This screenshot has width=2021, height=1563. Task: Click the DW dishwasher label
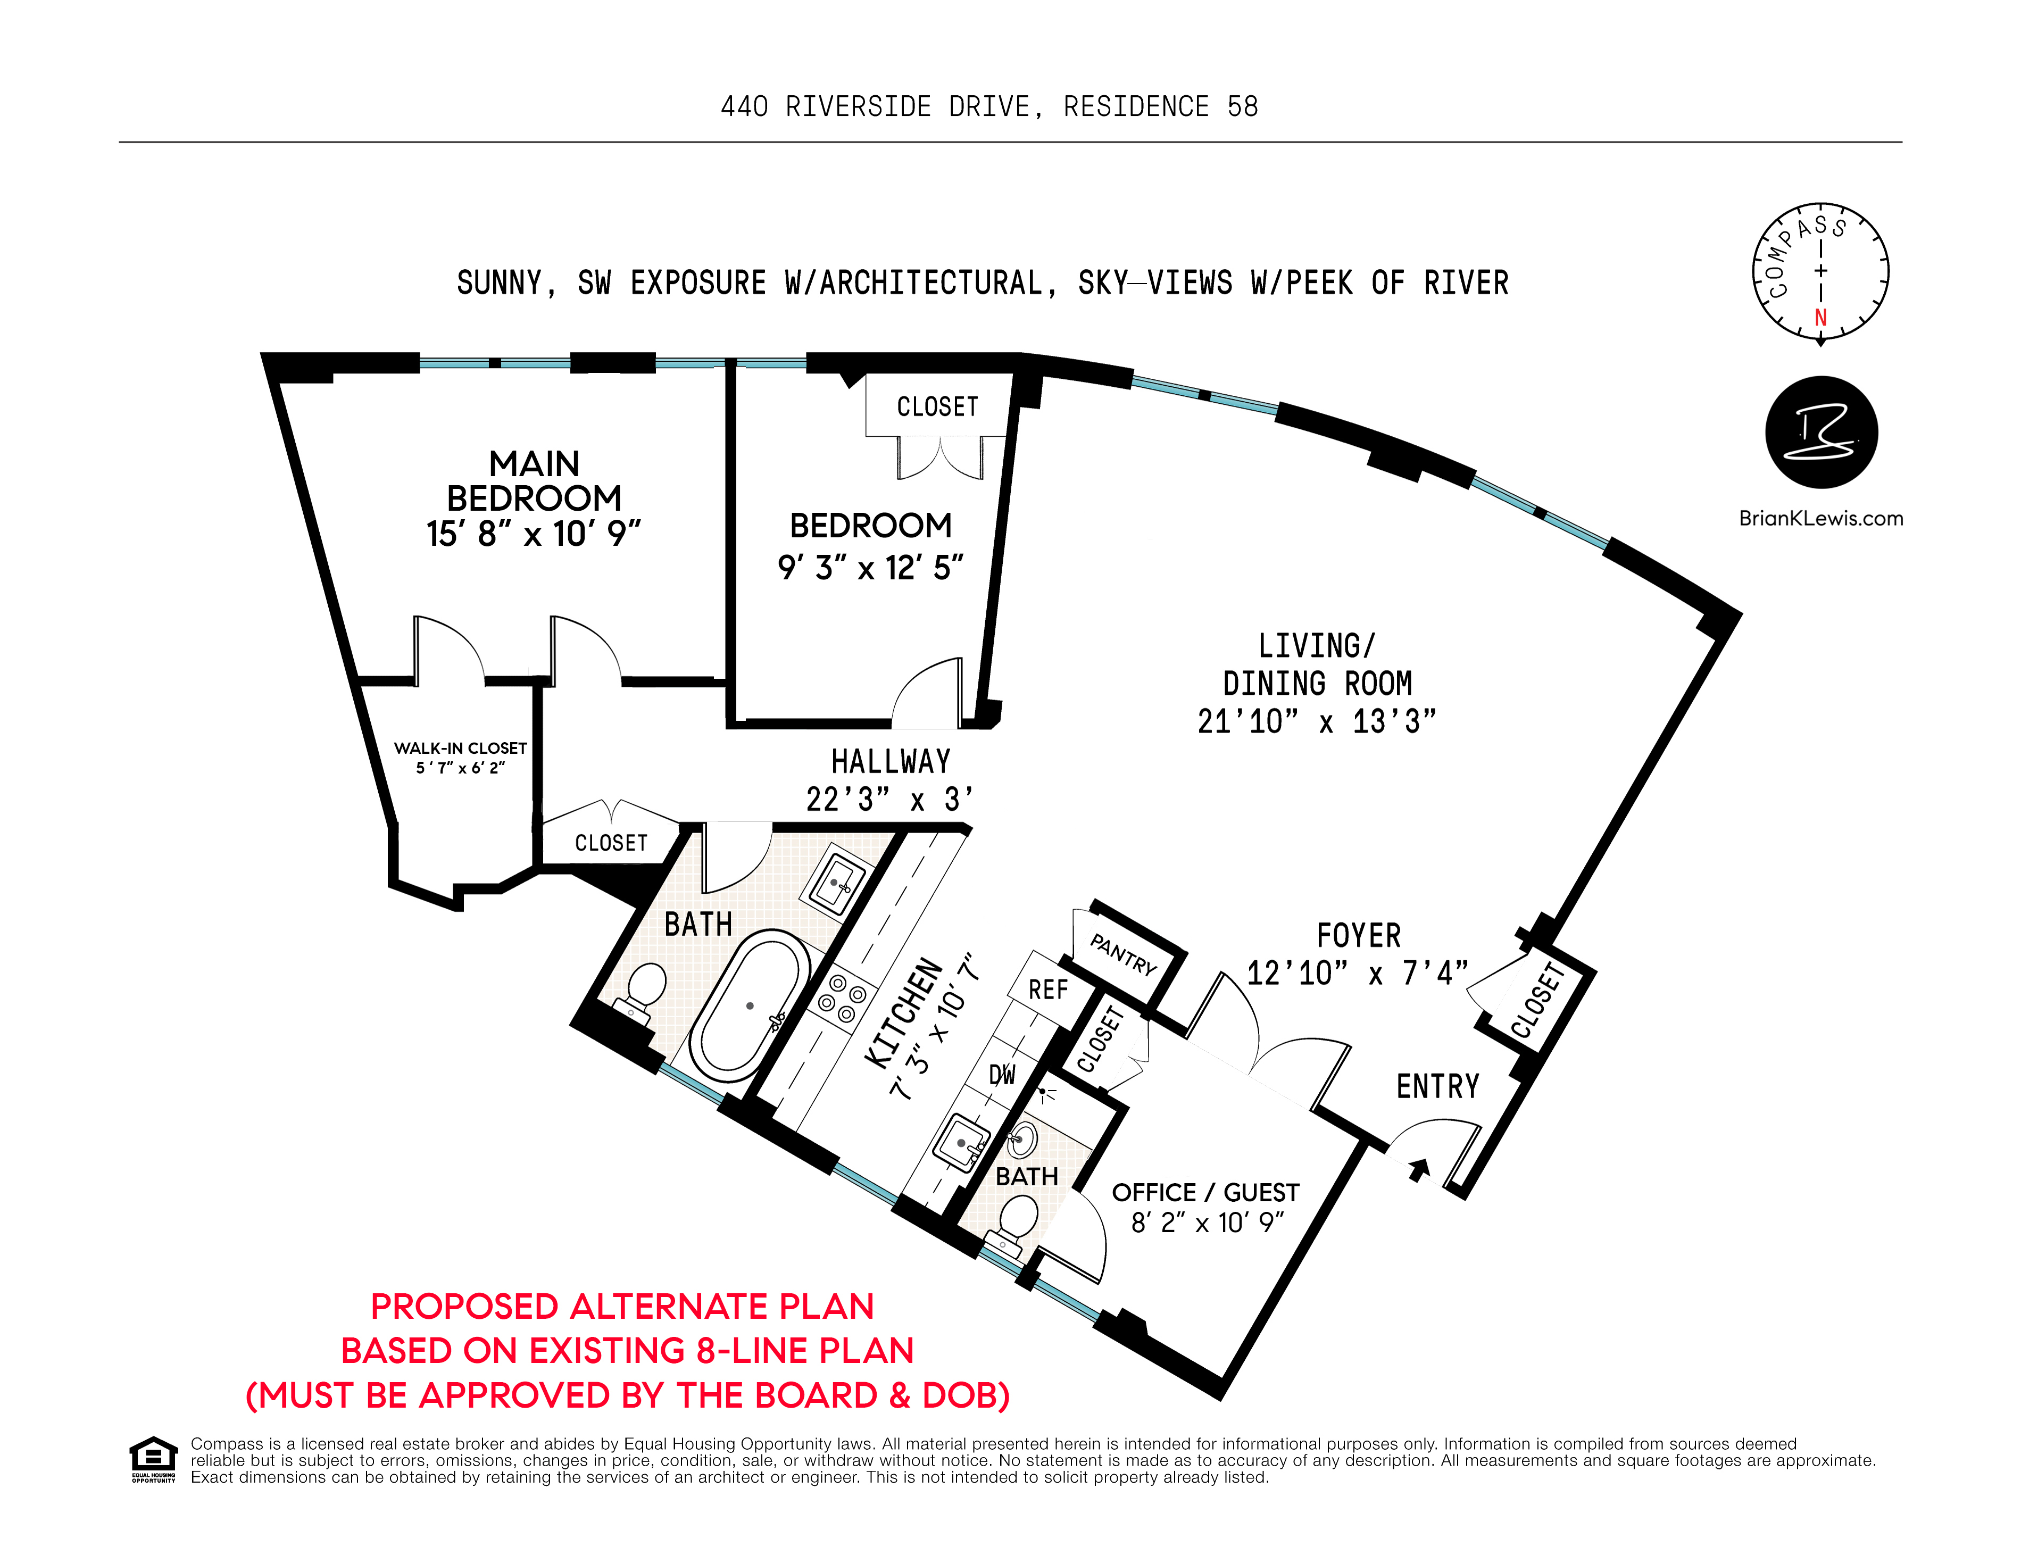1002,1075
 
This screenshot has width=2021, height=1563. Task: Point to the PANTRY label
1124,954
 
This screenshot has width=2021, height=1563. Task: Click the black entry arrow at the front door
1419,1170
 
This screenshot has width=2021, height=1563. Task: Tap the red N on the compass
1820,318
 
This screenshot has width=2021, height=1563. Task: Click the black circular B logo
1821,432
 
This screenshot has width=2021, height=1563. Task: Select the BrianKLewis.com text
1820,518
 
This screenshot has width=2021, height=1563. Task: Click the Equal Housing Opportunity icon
153,1458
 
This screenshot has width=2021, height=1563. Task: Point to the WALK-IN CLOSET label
460,748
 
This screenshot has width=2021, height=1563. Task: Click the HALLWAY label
890,762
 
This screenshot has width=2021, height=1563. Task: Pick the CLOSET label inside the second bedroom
936,406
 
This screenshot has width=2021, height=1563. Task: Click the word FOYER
1359,936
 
